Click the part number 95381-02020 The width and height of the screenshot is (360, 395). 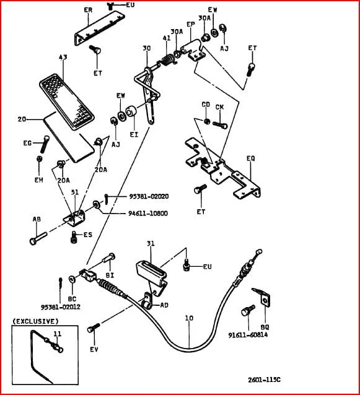(x=149, y=196)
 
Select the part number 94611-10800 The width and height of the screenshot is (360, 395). (x=148, y=214)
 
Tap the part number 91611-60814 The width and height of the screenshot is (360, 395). (x=248, y=335)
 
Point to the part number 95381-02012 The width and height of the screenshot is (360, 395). (x=61, y=307)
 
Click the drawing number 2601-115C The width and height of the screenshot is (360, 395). (x=264, y=380)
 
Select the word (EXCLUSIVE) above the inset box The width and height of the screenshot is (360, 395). (x=35, y=321)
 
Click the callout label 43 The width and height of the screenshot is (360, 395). (x=63, y=57)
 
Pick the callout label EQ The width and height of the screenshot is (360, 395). (x=251, y=158)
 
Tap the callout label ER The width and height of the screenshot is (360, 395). (x=88, y=10)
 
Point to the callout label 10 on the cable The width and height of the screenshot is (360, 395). (x=189, y=318)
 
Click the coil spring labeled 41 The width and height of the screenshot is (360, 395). (x=167, y=60)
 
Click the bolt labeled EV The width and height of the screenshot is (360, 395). (x=94, y=328)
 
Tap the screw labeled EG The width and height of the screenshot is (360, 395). (x=45, y=144)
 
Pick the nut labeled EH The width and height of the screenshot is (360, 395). (x=39, y=159)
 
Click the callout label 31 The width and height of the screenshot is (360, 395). (x=151, y=243)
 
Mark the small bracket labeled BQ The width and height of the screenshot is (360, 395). (x=261, y=297)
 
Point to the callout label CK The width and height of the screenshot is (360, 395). (x=219, y=107)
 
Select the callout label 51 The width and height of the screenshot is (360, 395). (x=74, y=192)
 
